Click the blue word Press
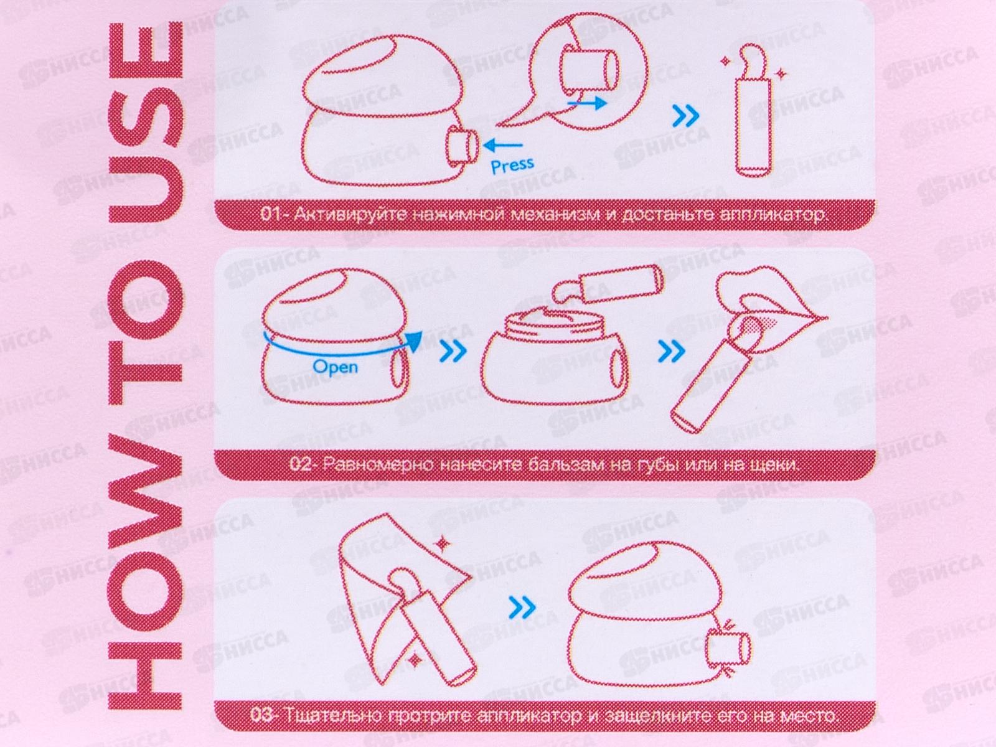[512, 165]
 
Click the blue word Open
[335, 366]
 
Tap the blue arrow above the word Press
[503, 146]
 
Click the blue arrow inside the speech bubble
[587, 103]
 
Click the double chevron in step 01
[685, 116]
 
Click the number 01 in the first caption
[271, 214]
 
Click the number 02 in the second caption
[301, 464]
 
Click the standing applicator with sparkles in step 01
[751, 111]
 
